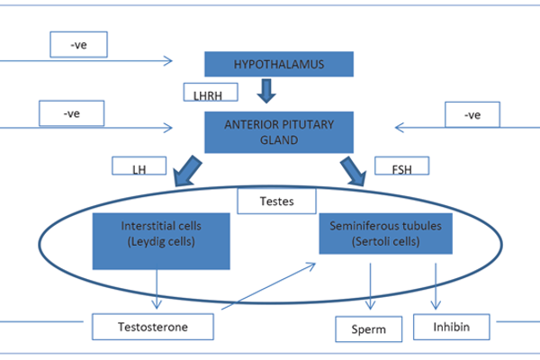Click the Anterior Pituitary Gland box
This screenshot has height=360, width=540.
pos(278,129)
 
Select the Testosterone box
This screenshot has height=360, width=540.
pos(152,325)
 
